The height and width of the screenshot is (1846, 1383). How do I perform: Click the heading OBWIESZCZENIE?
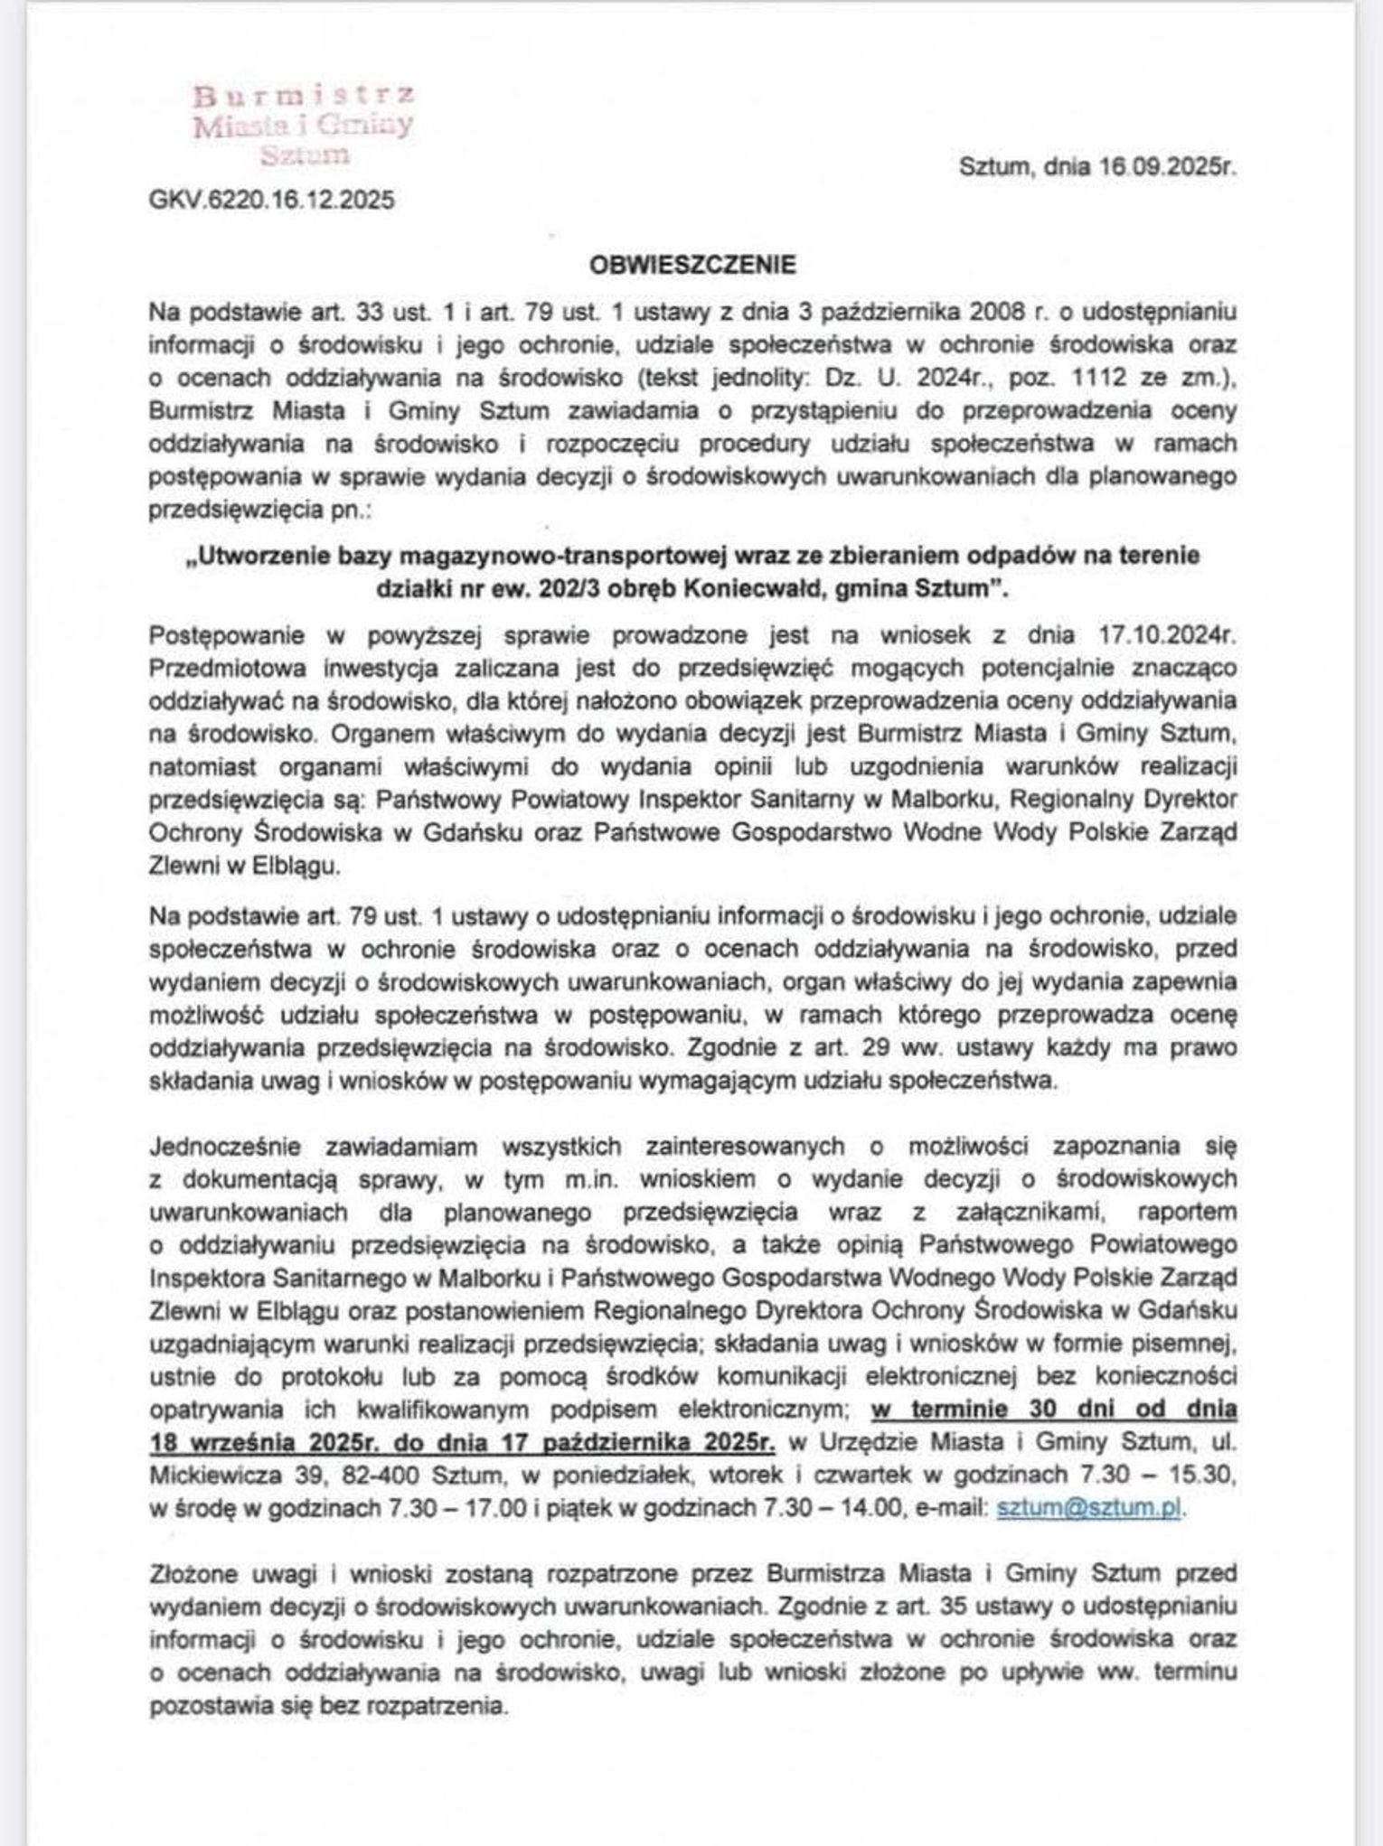[x=692, y=265]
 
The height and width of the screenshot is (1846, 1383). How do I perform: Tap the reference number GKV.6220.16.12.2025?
[x=272, y=200]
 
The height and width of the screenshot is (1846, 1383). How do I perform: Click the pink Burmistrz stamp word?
[x=305, y=95]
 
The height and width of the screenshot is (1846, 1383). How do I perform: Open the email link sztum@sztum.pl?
[x=1088, y=1508]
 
